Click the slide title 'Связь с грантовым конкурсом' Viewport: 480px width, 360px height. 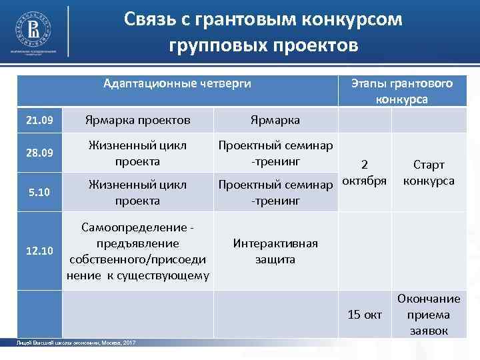coord(263,19)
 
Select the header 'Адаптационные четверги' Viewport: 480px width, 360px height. coord(177,83)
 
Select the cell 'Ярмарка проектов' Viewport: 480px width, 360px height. coord(137,120)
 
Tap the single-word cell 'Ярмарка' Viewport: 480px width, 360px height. coord(275,120)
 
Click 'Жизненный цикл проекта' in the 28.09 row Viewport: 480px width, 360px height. coord(137,153)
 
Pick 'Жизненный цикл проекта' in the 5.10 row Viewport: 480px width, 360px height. coord(137,192)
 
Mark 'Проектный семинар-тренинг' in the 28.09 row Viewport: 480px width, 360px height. coord(275,153)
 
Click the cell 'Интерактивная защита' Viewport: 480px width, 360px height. coord(275,251)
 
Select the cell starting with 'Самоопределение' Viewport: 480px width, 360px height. coord(137,251)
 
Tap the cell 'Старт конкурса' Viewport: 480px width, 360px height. coord(429,173)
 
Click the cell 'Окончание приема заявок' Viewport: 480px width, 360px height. coord(429,314)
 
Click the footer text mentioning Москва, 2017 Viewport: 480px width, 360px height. coord(76,342)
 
